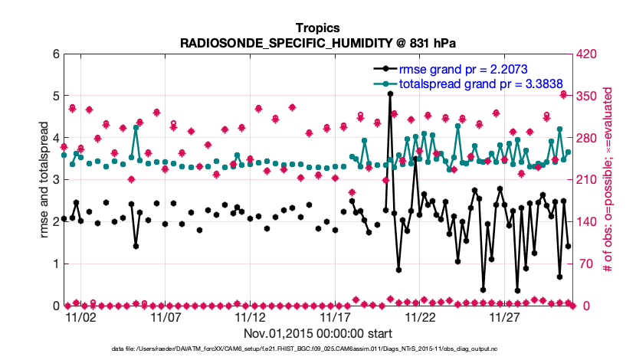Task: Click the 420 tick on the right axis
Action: (588, 54)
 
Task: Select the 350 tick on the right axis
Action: (588, 97)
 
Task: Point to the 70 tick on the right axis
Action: (586, 264)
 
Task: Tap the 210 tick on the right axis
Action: (588, 180)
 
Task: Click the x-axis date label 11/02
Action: (80, 316)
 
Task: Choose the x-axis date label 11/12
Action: (250, 316)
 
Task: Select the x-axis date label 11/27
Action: (504, 316)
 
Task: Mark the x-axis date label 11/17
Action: (335, 316)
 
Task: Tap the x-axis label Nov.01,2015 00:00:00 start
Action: (317, 333)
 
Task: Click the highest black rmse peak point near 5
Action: (391, 93)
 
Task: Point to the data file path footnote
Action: (317, 349)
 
